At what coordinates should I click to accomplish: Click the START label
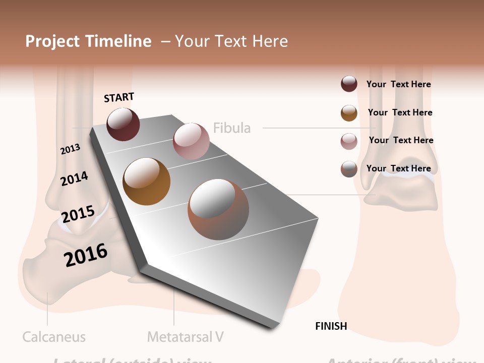coord(119,97)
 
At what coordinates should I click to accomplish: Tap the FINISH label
coord(331,326)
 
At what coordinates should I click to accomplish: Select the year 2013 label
coord(71,149)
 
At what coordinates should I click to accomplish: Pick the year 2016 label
coord(86,255)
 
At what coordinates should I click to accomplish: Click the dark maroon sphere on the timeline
coord(123,124)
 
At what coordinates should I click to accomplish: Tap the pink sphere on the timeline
coord(191,141)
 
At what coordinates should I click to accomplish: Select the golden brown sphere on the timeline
coord(146,181)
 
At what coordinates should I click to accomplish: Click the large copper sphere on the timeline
coord(218,210)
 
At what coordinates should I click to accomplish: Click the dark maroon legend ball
coord(349,84)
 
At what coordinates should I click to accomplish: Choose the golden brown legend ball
coord(349,113)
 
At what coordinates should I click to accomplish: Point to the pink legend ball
coord(349,141)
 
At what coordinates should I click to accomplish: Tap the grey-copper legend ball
coord(349,169)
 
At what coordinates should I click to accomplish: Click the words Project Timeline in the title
coord(88,41)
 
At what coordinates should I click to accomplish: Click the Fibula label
coord(232,128)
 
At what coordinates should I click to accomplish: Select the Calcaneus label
coord(54,336)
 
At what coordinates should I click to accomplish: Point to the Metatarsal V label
coord(186,336)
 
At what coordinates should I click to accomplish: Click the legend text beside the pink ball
coord(401,140)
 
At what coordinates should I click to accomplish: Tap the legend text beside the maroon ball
coord(399,84)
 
